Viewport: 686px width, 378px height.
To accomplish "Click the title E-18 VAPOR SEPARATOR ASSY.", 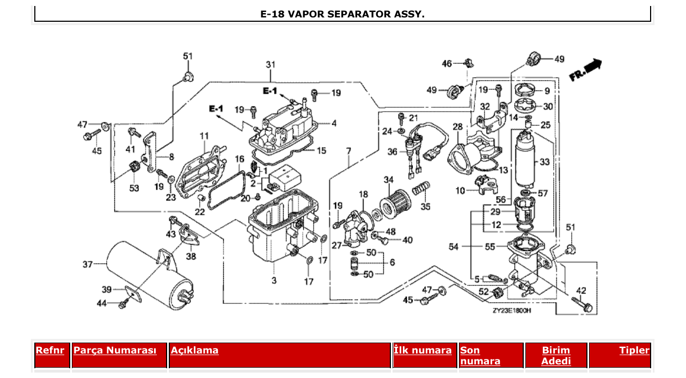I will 342,14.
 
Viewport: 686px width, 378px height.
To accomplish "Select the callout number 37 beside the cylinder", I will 87,265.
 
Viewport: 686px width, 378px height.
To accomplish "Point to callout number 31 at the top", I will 271,65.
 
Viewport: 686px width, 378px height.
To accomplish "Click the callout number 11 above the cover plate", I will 204,135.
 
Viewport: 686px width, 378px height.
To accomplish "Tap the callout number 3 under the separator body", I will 274,281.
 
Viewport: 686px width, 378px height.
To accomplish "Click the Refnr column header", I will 50,350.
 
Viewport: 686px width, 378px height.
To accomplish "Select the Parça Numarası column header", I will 115,350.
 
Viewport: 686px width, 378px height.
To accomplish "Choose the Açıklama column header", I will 194,350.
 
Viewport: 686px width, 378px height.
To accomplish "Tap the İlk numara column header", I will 422,350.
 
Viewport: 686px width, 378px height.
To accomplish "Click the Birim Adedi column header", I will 556,355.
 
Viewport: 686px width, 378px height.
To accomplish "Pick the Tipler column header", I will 634,350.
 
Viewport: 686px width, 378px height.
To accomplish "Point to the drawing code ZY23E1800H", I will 511,311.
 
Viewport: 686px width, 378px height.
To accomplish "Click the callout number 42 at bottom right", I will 581,290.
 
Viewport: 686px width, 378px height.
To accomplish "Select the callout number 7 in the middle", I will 348,150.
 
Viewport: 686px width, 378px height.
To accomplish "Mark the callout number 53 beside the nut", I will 133,188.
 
